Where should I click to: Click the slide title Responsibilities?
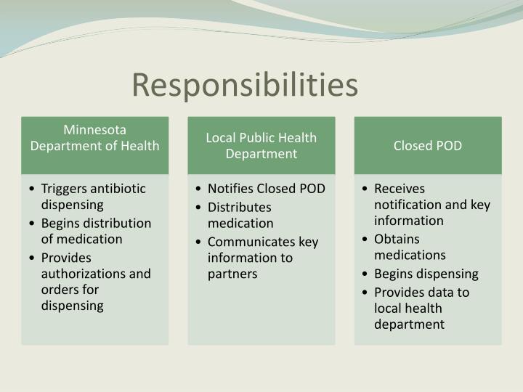[245, 85]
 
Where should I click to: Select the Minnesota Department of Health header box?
[95, 138]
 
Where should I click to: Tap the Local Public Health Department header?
[261, 145]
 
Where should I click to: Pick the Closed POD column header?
[428, 145]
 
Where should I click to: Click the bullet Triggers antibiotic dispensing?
[93, 196]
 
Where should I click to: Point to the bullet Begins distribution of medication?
[96, 231]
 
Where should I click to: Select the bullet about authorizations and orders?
[96, 282]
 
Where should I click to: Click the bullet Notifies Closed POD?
[266, 189]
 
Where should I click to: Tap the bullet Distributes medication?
[240, 215]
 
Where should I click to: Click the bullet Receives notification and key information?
[431, 205]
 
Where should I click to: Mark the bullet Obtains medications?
[410, 247]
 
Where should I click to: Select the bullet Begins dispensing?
[426, 274]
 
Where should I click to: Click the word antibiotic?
[119, 189]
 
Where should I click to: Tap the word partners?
[232, 274]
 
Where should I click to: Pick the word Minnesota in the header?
[95, 130]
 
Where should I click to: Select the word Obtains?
[397, 239]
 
